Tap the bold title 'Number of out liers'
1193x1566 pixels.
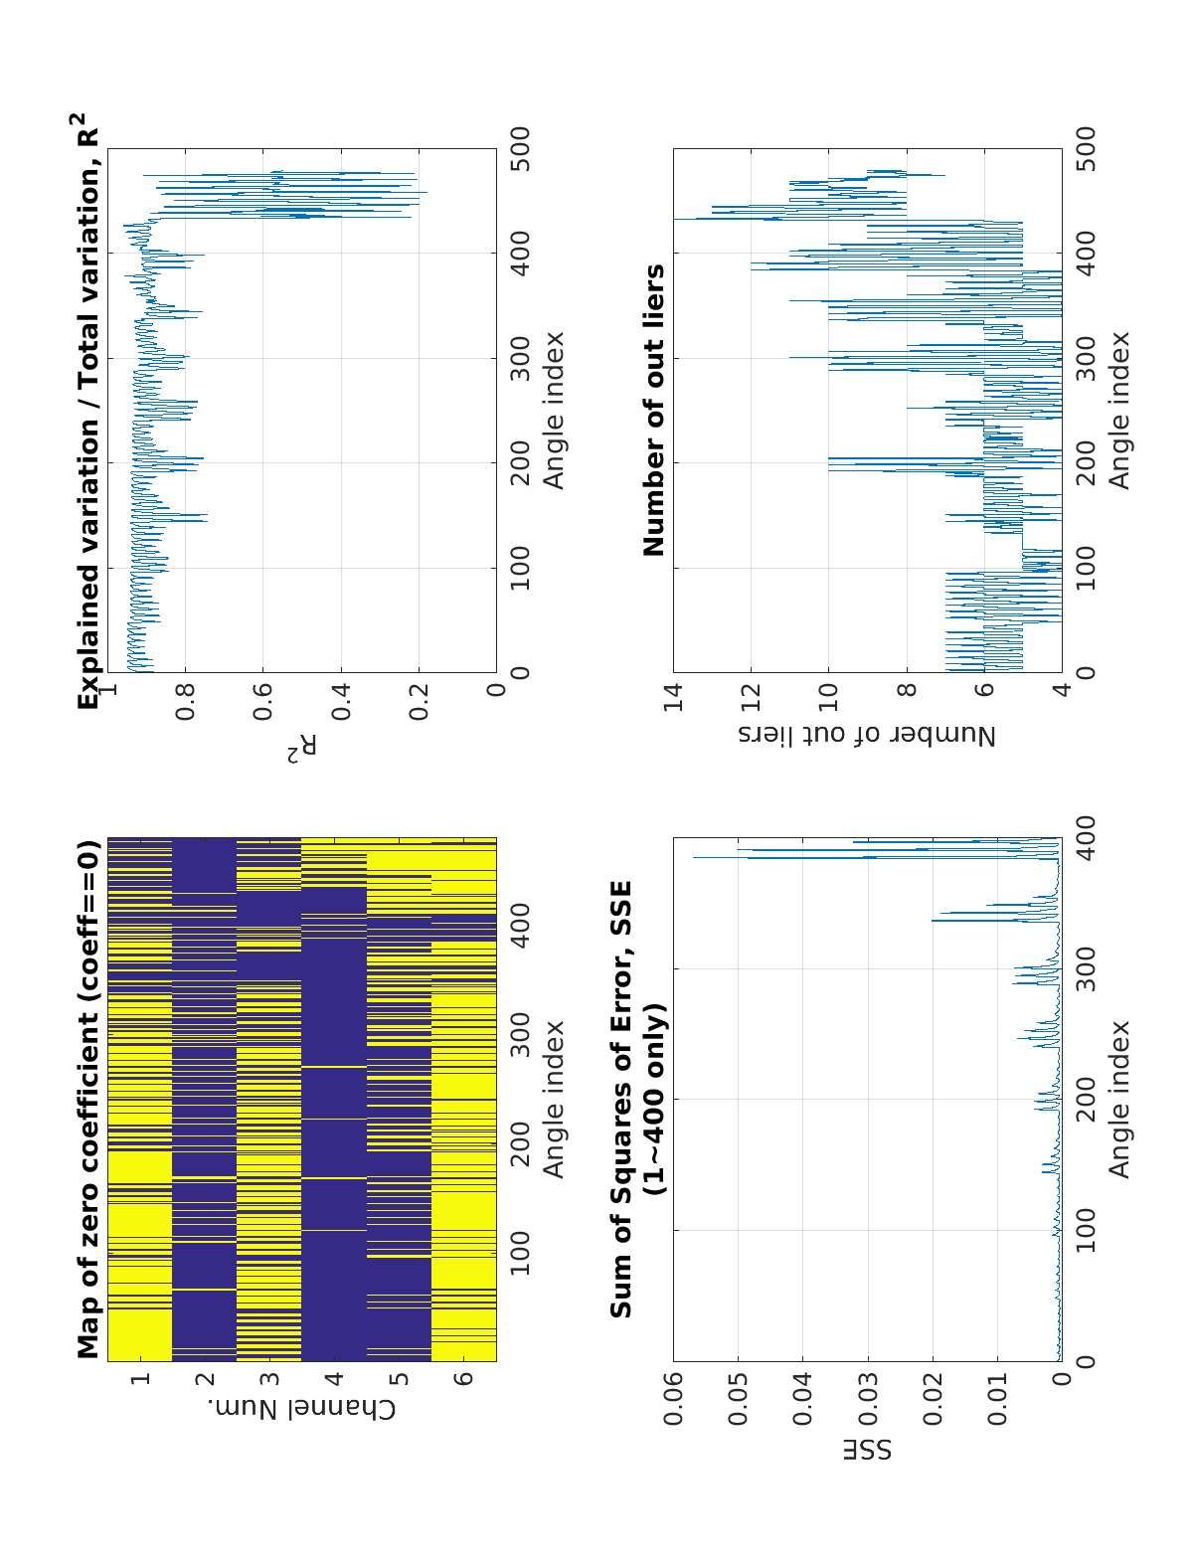click(x=654, y=410)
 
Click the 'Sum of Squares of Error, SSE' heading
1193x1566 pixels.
click(x=621, y=1100)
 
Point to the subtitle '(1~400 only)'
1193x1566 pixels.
click(x=654, y=1100)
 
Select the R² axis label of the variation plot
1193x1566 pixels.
click(x=301, y=750)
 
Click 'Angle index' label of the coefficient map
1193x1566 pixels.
click(x=554, y=1100)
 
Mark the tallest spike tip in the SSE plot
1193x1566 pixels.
click(x=693, y=857)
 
